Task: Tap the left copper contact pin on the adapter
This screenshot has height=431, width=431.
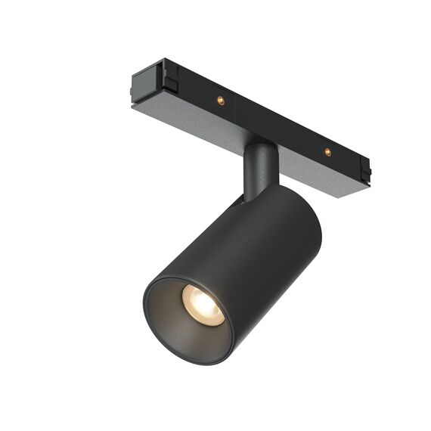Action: (x=220, y=100)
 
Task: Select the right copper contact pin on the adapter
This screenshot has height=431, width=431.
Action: (x=327, y=152)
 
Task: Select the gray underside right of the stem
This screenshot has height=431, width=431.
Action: (x=318, y=178)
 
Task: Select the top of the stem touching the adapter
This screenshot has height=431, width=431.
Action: (x=262, y=146)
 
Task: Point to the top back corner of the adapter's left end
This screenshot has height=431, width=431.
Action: (x=160, y=62)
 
